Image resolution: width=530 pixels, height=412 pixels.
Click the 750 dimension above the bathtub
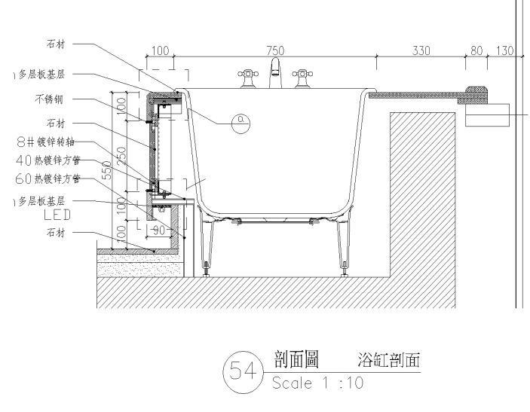[275, 50]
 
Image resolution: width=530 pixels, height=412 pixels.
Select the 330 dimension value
[421, 50]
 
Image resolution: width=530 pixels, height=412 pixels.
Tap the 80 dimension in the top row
[476, 50]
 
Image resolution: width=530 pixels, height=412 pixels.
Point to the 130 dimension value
[504, 50]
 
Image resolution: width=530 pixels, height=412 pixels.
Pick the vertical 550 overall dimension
[108, 171]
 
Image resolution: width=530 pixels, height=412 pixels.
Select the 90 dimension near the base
[158, 230]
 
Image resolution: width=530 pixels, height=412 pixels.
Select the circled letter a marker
[240, 121]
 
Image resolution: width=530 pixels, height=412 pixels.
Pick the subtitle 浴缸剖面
[389, 361]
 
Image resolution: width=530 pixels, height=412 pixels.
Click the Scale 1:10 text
[317, 383]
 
